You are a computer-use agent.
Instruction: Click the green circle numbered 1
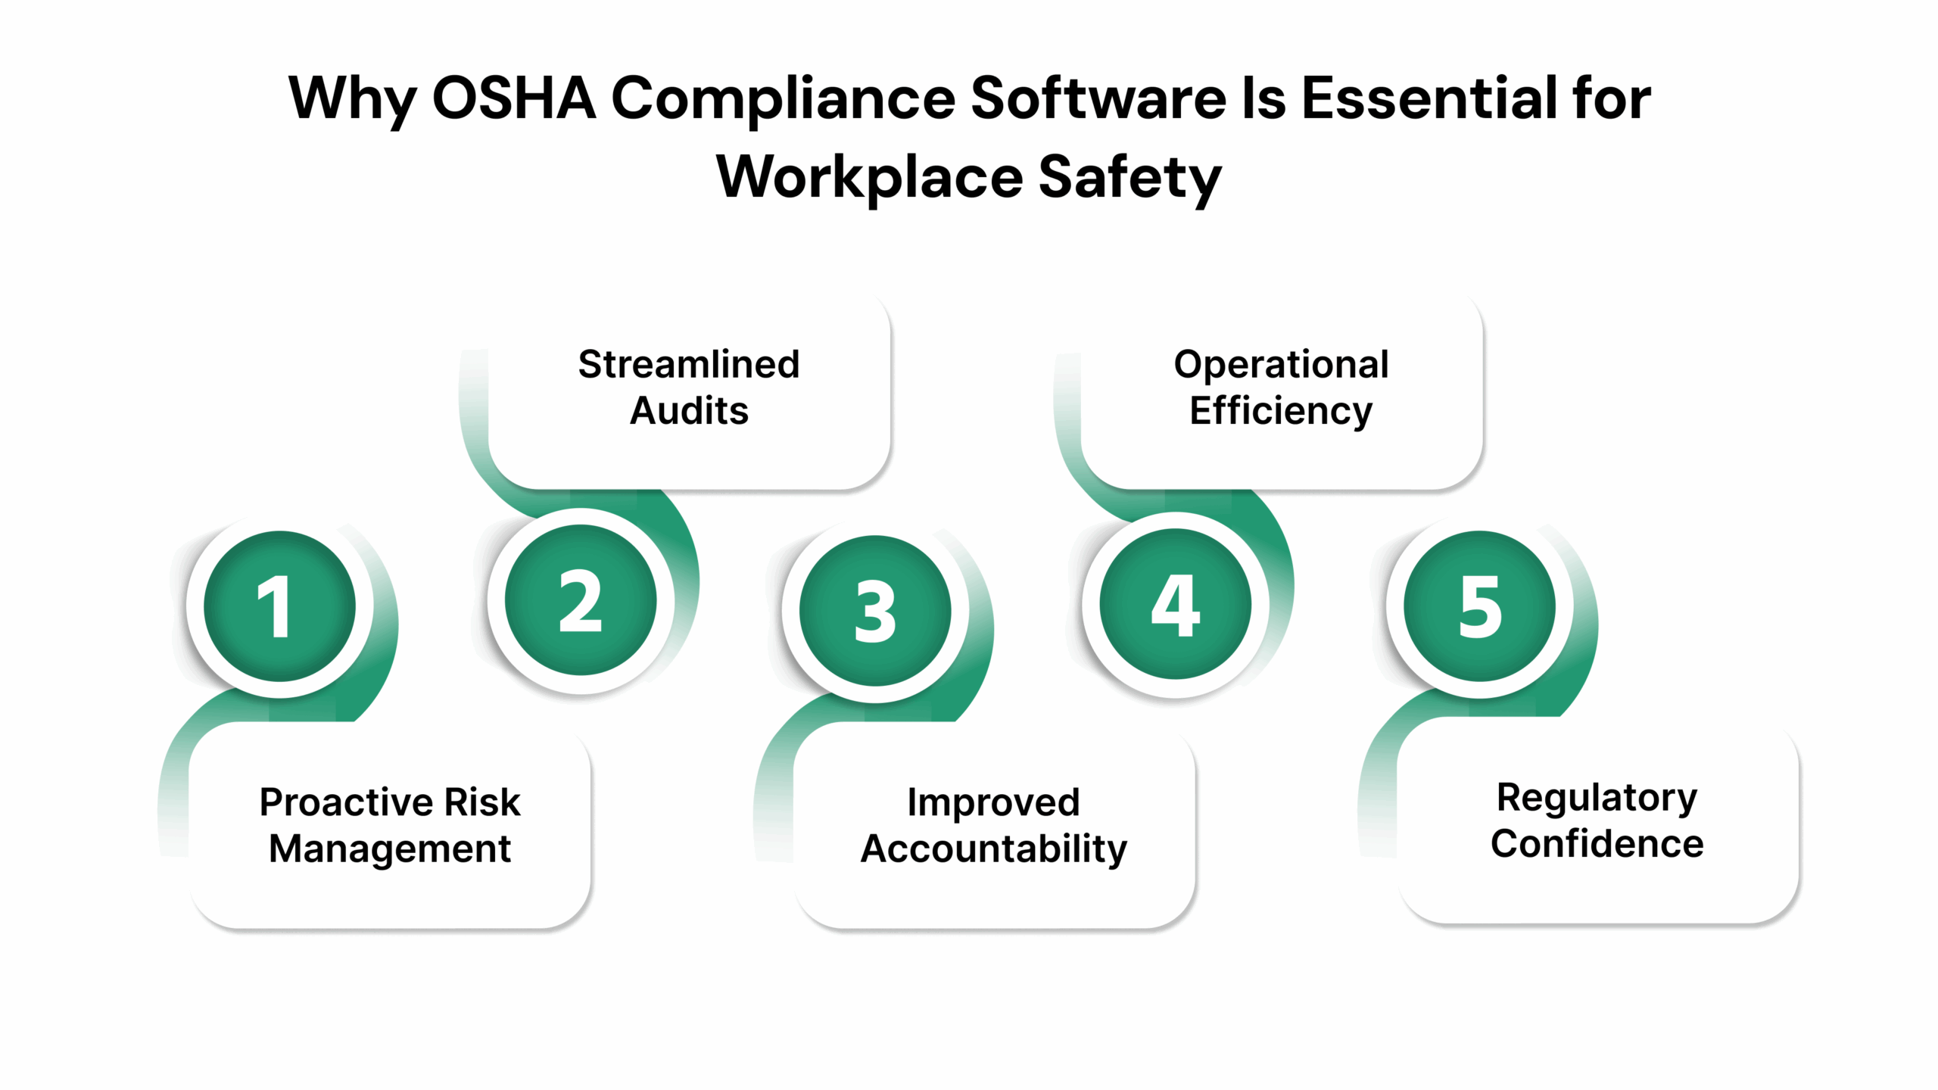click(x=279, y=606)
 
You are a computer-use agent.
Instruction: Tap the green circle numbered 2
click(x=581, y=600)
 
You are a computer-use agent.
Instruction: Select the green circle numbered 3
click(x=875, y=611)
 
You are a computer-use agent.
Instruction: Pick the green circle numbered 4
click(x=1175, y=604)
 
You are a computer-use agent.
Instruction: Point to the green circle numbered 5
click(x=1479, y=606)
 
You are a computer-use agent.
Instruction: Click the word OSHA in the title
click(x=513, y=98)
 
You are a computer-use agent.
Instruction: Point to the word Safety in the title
click(x=1129, y=179)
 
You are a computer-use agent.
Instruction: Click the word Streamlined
click(x=689, y=365)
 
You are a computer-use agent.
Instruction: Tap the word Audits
click(x=689, y=411)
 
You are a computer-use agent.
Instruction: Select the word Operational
click(x=1281, y=365)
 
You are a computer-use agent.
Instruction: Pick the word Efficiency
click(x=1281, y=411)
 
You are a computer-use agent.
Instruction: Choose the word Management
click(x=390, y=849)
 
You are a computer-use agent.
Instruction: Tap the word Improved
click(x=993, y=802)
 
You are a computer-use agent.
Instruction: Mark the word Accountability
click(x=993, y=849)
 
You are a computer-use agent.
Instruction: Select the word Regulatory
click(x=1597, y=798)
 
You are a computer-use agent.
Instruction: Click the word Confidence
click(x=1597, y=844)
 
